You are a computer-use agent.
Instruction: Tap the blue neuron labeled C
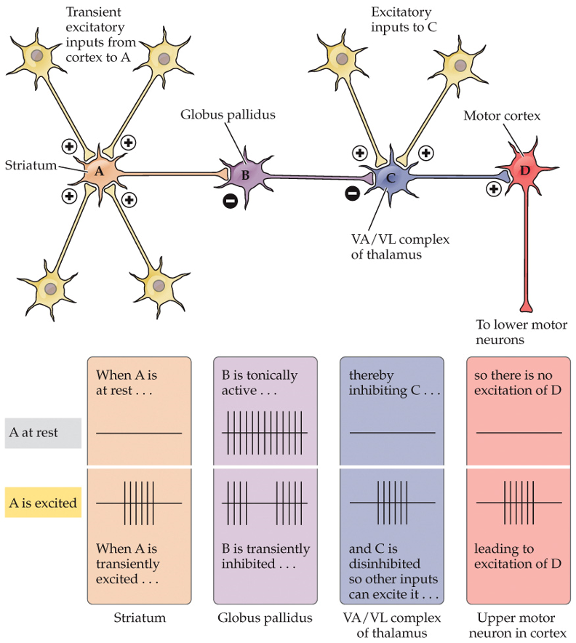coord(391,177)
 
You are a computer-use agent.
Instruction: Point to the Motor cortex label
coord(502,116)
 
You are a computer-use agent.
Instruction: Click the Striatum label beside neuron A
coord(31,165)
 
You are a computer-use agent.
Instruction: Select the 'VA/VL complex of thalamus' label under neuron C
coord(399,247)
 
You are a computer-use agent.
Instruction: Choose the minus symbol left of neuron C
coord(352,194)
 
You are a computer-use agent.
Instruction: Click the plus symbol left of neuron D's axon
coord(494,189)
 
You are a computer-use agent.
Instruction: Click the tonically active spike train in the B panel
coord(265,434)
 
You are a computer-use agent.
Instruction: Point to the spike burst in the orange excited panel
coord(139,503)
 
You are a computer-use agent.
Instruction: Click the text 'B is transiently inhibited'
coord(265,556)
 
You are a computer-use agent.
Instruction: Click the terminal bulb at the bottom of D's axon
coord(526,305)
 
